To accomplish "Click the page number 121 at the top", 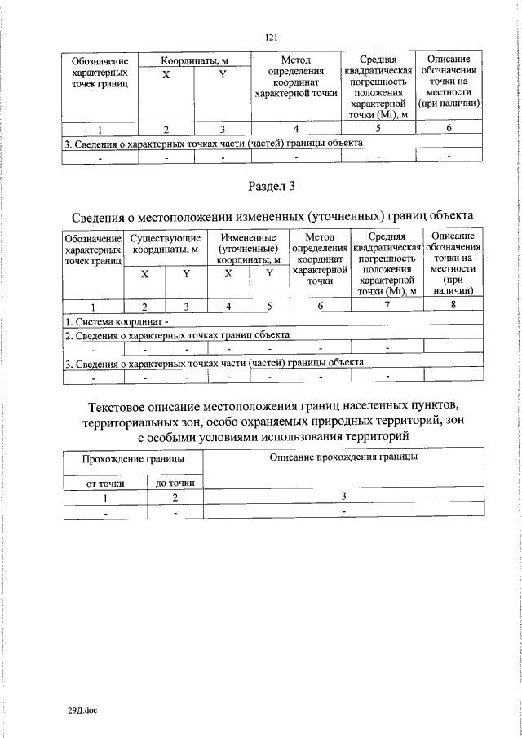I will click(272, 37).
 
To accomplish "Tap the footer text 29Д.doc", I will click(82, 711).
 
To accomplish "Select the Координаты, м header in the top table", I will click(193, 61).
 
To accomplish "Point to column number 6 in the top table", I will click(449, 128).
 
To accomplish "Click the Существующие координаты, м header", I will click(165, 243).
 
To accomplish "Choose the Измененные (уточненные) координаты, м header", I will click(249, 248).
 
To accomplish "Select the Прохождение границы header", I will click(133, 459).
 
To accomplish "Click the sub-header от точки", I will click(105, 484).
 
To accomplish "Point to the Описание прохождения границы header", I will click(343, 458).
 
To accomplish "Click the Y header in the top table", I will click(222, 74).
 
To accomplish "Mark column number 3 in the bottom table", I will click(343, 497).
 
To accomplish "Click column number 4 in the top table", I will click(296, 128).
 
